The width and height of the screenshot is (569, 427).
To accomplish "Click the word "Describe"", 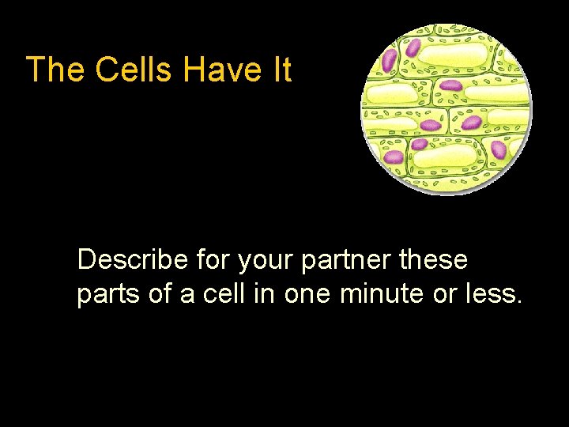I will point(132,259).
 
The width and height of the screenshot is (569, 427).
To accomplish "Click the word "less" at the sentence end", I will point(495,293).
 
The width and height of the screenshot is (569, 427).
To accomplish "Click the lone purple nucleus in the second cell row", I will point(450,85).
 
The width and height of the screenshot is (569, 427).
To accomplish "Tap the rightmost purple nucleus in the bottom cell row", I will point(499,149).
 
